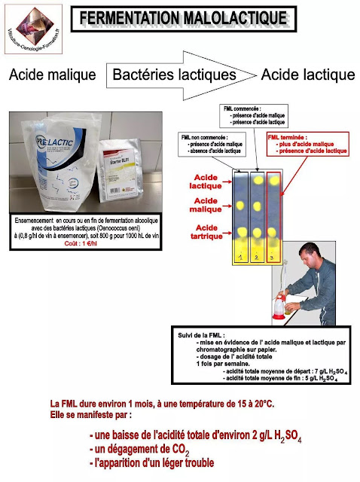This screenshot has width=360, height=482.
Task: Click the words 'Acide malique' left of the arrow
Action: (52, 75)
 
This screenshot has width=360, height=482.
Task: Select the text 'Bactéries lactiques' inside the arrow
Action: (174, 75)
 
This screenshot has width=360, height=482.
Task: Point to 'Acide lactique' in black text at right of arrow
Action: (307, 75)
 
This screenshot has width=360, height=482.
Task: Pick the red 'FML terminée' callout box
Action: (308, 143)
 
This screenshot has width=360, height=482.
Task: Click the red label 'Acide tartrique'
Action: (207, 231)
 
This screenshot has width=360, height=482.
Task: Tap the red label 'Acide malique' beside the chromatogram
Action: (207, 206)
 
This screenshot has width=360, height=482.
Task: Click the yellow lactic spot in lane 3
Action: (275, 181)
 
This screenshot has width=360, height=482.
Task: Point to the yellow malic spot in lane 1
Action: (241, 206)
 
